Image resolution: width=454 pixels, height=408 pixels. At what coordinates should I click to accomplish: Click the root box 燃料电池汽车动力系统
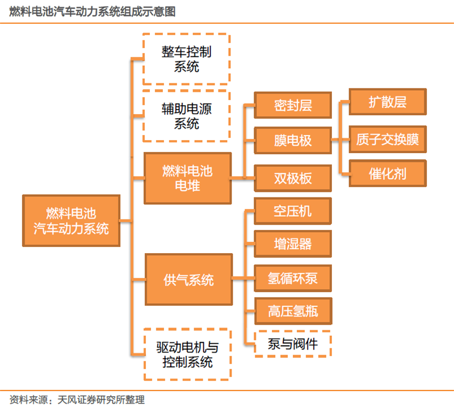click(71, 221)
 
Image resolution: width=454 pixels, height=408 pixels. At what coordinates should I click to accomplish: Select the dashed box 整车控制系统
click(186, 59)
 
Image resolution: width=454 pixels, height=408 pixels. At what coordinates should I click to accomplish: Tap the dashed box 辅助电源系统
click(186, 116)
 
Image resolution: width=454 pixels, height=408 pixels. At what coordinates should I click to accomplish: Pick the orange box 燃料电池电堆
click(187, 178)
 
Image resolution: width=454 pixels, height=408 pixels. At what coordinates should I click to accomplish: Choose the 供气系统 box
click(188, 280)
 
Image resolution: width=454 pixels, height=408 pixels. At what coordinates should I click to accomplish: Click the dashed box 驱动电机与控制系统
click(187, 354)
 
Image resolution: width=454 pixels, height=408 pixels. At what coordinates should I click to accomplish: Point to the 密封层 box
click(293, 105)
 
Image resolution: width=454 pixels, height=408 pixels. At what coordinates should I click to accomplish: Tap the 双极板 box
click(293, 178)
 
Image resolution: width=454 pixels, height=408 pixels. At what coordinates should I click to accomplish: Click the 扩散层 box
click(387, 102)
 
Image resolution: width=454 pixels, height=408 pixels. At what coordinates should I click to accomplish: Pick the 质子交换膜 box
click(387, 139)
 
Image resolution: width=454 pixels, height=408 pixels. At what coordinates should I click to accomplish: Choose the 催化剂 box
click(387, 173)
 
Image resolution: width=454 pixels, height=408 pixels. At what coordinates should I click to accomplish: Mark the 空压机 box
click(293, 211)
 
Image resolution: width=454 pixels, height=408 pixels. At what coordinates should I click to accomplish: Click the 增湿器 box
click(293, 245)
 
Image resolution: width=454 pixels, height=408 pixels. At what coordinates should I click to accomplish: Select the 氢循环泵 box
click(293, 278)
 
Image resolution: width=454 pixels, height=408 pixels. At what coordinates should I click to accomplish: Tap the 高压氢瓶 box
click(293, 311)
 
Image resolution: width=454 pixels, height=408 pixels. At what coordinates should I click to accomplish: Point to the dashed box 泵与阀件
click(293, 343)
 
